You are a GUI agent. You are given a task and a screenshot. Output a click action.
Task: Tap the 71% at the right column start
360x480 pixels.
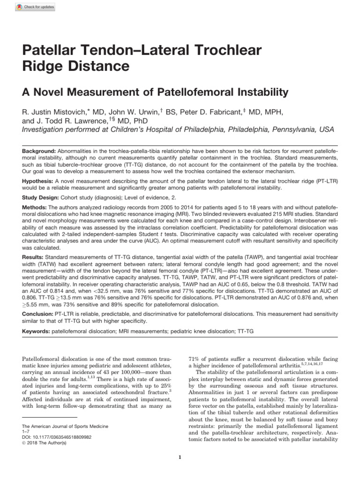click(x=194, y=358)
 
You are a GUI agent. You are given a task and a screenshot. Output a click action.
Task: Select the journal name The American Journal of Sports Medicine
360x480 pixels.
click(x=65, y=426)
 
